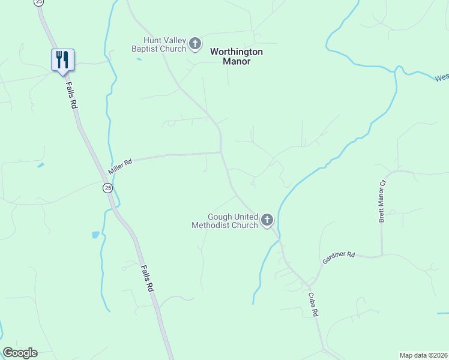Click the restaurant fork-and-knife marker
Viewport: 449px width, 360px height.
point(62,59)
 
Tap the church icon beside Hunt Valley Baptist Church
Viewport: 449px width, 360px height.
point(194,43)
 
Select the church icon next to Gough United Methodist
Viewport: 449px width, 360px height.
point(267,221)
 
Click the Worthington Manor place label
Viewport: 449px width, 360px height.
point(236,56)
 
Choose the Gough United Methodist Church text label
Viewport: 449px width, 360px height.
point(224,221)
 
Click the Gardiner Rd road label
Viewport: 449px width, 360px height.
point(339,256)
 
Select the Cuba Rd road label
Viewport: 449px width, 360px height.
point(313,304)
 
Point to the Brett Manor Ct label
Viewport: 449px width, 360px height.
point(382,201)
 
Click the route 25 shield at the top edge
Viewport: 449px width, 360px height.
point(40,2)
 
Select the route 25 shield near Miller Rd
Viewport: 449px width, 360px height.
point(107,188)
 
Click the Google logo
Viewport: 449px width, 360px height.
point(20,353)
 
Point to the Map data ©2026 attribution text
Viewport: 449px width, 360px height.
point(423,355)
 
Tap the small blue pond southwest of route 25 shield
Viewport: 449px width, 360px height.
point(95,235)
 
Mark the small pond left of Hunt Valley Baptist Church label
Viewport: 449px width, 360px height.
point(139,59)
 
